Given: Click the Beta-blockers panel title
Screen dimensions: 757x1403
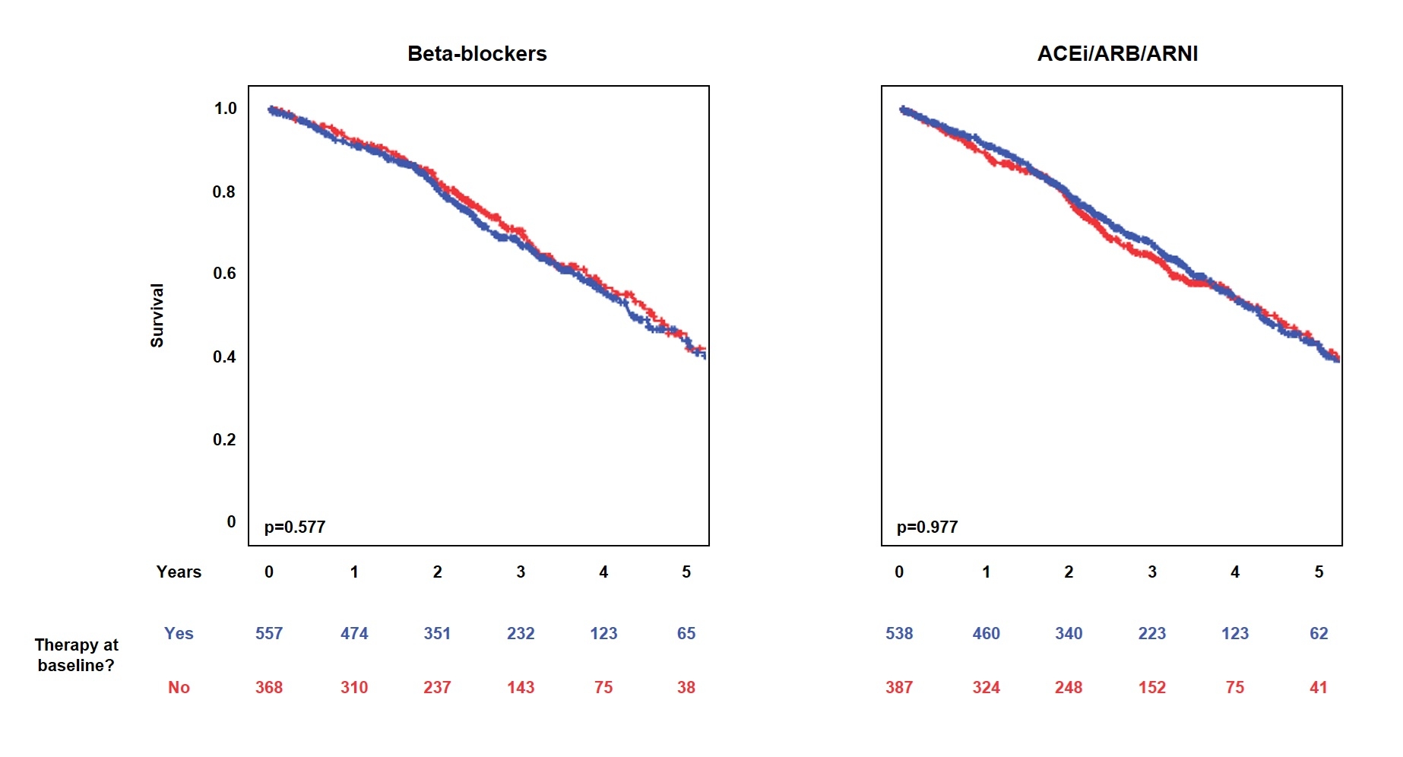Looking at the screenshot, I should pyautogui.click(x=477, y=53).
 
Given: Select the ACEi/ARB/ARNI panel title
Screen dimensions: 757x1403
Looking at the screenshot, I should pyautogui.click(x=1117, y=53).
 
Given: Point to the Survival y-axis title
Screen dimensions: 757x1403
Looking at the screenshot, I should pyautogui.click(x=157, y=315).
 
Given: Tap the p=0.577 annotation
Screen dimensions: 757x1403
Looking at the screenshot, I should pyautogui.click(x=295, y=527).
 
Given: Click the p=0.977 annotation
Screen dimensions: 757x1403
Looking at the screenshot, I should pyautogui.click(x=927, y=527).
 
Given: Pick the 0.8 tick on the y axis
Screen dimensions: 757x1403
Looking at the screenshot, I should pyautogui.click(x=224, y=192).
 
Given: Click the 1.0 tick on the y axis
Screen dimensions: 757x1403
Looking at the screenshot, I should pyautogui.click(x=225, y=108).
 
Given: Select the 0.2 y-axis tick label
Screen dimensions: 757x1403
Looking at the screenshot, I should pyautogui.click(x=224, y=439).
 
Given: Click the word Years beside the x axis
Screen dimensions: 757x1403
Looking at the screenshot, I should pyautogui.click(x=179, y=572).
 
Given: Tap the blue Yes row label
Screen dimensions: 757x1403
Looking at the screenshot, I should pyautogui.click(x=179, y=633).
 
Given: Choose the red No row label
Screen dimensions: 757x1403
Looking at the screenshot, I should pyautogui.click(x=179, y=687).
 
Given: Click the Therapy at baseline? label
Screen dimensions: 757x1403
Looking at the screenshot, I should pyautogui.click(x=76, y=654).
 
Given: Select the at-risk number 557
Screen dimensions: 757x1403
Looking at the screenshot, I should pyautogui.click(x=269, y=633).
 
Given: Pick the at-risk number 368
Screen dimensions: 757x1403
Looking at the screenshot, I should pyautogui.click(x=269, y=687).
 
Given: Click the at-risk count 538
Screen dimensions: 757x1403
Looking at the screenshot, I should pyautogui.click(x=899, y=633).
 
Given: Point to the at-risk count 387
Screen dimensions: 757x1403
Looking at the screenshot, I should pyautogui.click(x=899, y=687).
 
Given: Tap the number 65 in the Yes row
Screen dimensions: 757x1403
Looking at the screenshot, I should pyautogui.click(x=686, y=633).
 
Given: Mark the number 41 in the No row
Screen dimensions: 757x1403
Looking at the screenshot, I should pyautogui.click(x=1319, y=687).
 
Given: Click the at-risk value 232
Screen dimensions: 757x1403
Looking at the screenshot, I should pyautogui.click(x=521, y=633).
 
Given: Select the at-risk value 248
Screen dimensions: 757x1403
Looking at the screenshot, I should pyautogui.click(x=1069, y=687).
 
